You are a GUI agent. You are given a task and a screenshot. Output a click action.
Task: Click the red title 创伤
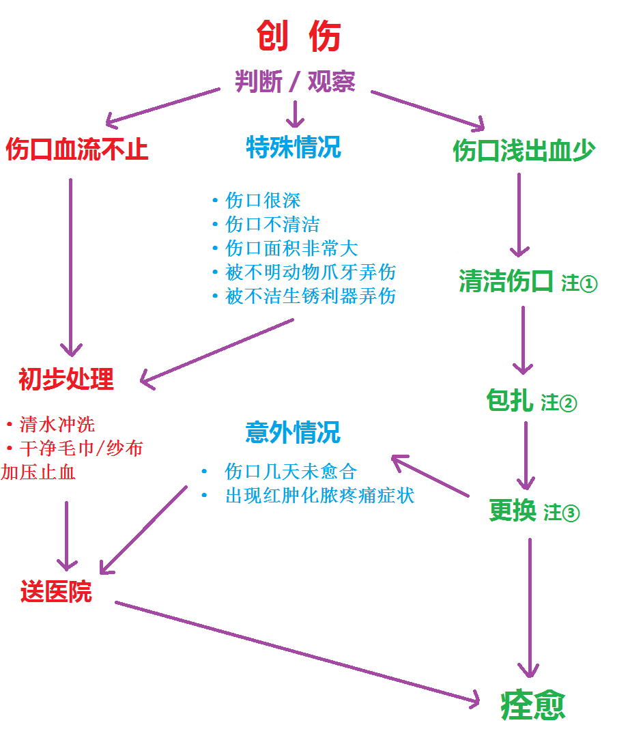[299, 36]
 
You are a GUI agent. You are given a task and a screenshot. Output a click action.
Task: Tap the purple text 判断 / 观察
[295, 82]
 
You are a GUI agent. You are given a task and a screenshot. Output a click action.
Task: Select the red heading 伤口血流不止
[77, 149]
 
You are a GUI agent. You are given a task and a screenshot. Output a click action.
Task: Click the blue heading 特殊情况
[293, 147]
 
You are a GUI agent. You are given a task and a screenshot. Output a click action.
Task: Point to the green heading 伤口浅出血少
[524, 151]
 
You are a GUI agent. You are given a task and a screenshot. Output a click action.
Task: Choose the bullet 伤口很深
[262, 201]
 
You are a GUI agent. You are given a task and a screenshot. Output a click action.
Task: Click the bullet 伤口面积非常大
[291, 248]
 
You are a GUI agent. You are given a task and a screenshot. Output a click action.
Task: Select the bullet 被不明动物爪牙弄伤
[311, 272]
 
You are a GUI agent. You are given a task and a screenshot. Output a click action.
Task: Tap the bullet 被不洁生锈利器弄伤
[311, 296]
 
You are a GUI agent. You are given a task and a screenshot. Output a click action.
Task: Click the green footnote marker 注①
[579, 283]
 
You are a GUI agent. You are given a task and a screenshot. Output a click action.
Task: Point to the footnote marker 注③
[562, 513]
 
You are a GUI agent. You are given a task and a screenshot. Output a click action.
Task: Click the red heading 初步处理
[66, 379]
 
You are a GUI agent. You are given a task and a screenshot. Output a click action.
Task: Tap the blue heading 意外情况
[293, 432]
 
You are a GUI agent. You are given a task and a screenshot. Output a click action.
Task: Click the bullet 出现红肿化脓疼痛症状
[319, 496]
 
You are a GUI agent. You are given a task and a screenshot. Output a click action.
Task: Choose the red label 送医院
[56, 591]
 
